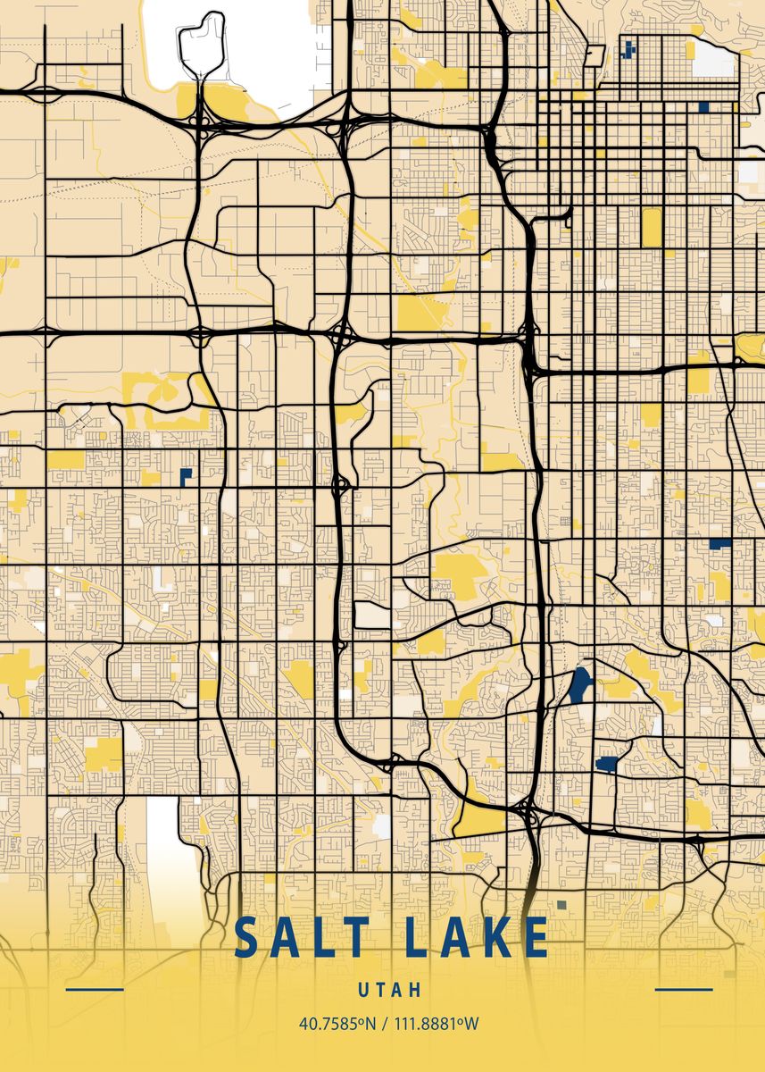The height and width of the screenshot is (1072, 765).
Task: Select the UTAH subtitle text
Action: click(389, 990)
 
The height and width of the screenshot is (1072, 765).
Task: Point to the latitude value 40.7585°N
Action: click(337, 1024)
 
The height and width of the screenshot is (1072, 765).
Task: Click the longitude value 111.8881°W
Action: click(435, 1024)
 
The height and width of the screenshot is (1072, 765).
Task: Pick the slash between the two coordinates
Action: click(385, 1024)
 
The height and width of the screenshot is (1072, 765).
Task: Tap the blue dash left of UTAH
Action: click(95, 990)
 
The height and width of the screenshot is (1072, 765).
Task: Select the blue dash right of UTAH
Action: click(684, 990)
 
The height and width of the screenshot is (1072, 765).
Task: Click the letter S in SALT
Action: click(246, 937)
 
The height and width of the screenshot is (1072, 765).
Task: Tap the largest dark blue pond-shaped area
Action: click(580, 685)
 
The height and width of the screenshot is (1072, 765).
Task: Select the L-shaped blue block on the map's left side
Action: click(186, 475)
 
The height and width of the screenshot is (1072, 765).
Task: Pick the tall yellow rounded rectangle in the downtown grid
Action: click(651, 227)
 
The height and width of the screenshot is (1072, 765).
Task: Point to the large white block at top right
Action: click(714, 58)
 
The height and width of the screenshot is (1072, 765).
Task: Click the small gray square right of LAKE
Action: click(561, 905)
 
